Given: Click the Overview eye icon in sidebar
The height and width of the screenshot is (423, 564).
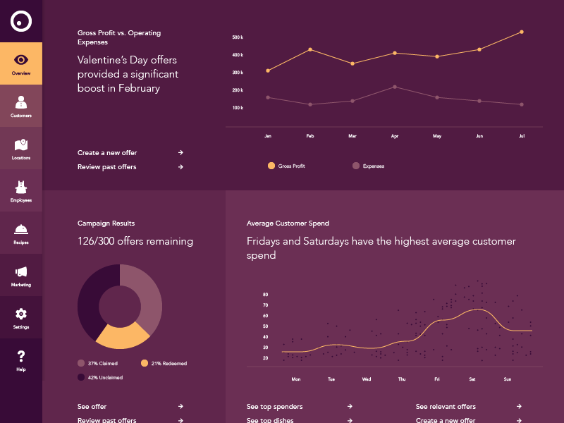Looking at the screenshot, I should pyautogui.click(x=21, y=60).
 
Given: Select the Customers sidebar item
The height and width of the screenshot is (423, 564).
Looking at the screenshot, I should pyautogui.click(x=21, y=106).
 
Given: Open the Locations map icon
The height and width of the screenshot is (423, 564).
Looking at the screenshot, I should pyautogui.click(x=21, y=145).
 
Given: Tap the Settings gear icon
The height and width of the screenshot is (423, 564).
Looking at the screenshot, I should pyautogui.click(x=21, y=314).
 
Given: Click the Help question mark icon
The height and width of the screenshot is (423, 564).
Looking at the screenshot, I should pyautogui.click(x=21, y=356).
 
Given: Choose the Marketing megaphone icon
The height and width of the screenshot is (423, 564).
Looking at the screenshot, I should pyautogui.click(x=21, y=271).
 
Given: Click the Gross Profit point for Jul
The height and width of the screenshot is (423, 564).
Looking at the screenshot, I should pyautogui.click(x=522, y=32).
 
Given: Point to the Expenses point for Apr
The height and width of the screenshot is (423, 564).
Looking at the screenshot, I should pyautogui.click(x=395, y=87).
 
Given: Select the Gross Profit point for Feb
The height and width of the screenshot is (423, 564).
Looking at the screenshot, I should pyautogui.click(x=310, y=49).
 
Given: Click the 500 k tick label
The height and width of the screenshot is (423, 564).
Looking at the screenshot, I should pyautogui.click(x=238, y=37).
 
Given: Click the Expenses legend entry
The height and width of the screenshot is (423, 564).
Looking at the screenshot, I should pyautogui.click(x=369, y=166).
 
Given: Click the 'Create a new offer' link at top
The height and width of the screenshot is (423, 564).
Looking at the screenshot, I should pyautogui.click(x=108, y=152).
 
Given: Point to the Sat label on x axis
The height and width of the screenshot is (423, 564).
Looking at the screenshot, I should pyautogui.click(x=472, y=379).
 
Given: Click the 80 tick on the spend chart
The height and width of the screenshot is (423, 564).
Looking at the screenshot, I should pyautogui.click(x=266, y=294).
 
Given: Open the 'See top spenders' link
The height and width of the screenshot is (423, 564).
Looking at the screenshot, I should pyautogui.click(x=275, y=407).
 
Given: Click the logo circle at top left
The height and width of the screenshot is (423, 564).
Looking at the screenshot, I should pyautogui.click(x=21, y=21).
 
